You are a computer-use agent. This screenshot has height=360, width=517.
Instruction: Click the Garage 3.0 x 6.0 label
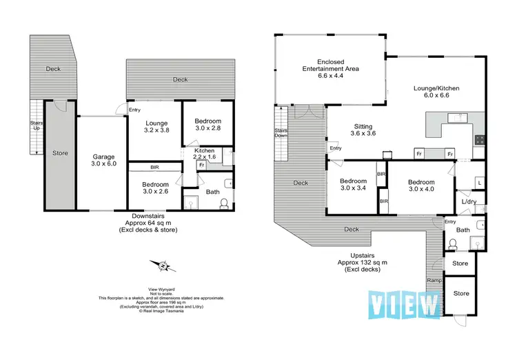coord(103,161)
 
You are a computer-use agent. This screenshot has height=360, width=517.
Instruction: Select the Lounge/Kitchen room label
coord(436,92)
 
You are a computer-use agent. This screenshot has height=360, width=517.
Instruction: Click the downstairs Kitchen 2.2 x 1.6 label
coord(205,154)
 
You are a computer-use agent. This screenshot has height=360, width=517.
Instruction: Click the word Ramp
coord(434,281)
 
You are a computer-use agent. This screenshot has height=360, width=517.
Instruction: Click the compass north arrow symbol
coord(163,266)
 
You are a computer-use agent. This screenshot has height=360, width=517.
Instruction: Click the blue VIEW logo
coord(404,304)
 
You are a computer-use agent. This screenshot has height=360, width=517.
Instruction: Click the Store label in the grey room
coord(60,153)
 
